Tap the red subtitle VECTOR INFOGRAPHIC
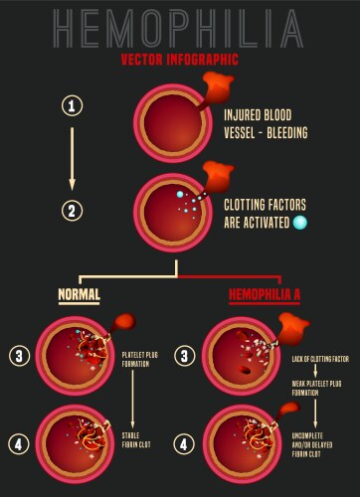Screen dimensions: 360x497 179,59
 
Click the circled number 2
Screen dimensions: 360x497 71,210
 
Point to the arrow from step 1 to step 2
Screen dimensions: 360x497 71,157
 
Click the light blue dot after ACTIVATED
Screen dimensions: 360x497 299,223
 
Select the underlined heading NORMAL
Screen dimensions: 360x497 79,294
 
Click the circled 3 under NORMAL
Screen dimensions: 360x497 19,354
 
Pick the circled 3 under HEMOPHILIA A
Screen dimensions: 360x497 185,354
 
